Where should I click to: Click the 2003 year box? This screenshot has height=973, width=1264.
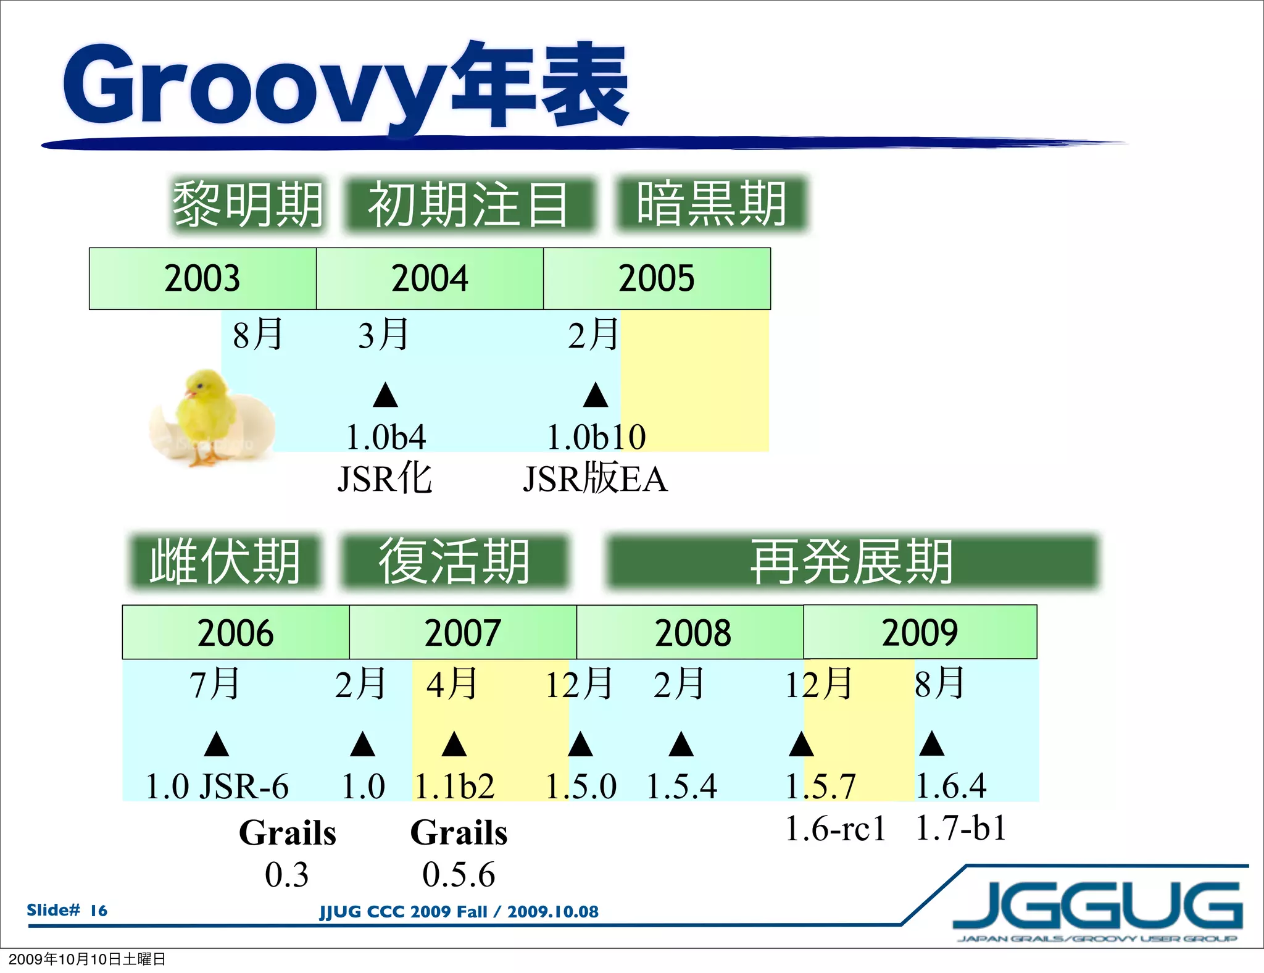(202, 278)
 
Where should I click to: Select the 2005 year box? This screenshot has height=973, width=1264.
(657, 278)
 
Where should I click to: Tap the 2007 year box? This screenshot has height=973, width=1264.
(463, 633)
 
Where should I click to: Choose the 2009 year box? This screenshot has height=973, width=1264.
(920, 633)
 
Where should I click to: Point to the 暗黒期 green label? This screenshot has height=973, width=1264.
(712, 204)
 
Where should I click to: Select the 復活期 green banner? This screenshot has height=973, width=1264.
(454, 561)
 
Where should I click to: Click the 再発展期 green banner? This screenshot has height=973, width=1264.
(852, 561)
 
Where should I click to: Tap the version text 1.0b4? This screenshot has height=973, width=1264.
(386, 438)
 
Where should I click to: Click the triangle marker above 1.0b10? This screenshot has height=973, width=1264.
(596, 396)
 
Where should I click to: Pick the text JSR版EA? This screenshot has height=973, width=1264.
(595, 479)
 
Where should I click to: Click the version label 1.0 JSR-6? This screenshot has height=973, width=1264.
(217, 787)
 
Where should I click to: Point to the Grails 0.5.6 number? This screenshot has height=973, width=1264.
(459, 875)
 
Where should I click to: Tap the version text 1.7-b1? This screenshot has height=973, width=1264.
(961, 829)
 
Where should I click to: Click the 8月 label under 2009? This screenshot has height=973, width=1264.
(939, 684)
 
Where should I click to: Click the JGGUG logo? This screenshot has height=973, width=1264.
(1097, 906)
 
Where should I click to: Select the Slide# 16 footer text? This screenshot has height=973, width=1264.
(67, 911)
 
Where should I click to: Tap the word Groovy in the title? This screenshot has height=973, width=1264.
(253, 86)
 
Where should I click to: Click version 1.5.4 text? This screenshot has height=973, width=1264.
(681, 787)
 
